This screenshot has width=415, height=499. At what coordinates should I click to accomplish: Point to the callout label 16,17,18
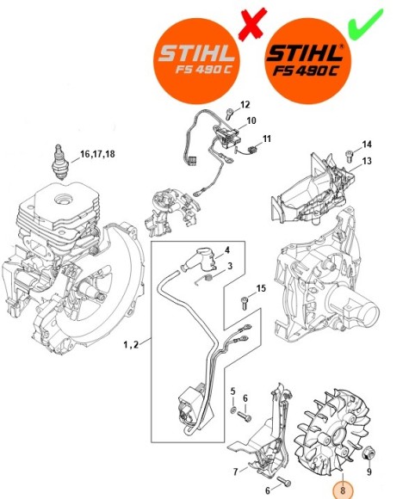point(96,154)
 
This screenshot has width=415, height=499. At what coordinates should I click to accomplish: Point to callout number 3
point(229,268)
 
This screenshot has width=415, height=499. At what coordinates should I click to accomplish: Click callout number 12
point(245,104)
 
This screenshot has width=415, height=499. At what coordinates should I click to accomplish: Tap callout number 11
point(267,139)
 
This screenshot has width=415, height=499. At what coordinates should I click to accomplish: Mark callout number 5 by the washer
point(232,391)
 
